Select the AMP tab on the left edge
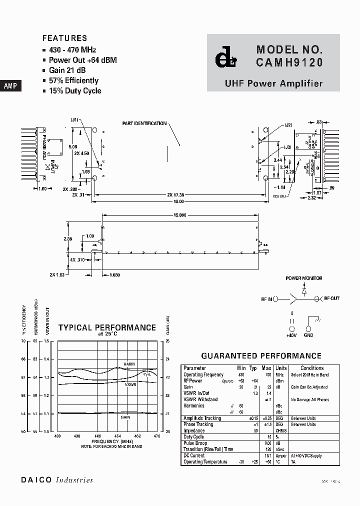click(x=10, y=86)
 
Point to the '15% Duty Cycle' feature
click(x=75, y=90)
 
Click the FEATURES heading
click(x=64, y=38)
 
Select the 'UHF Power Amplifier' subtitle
click(x=273, y=84)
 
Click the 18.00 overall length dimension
click(x=178, y=201)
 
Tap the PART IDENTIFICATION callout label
click(x=144, y=123)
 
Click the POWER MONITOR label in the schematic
click(x=303, y=278)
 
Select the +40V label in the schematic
click(x=291, y=335)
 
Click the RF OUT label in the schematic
click(x=331, y=298)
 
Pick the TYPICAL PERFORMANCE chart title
click(x=107, y=328)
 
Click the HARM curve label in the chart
click(x=129, y=363)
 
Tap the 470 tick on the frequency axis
click(x=156, y=436)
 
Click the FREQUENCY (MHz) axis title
click(x=112, y=441)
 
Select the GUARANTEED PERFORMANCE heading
click(x=261, y=356)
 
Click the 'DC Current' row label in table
click(x=194, y=455)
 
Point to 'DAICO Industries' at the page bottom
click(x=57, y=480)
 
